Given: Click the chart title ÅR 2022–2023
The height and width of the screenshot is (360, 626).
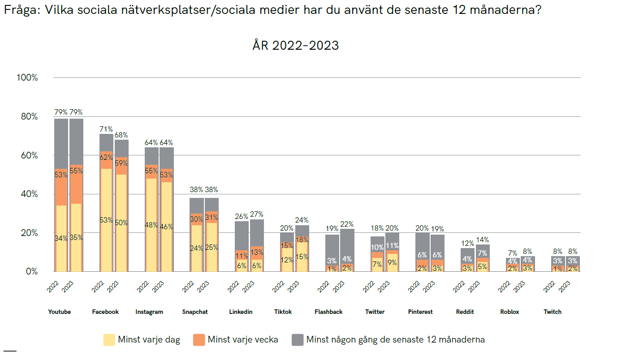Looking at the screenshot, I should click(295, 46).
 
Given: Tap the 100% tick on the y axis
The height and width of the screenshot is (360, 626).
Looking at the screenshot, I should click(27, 78).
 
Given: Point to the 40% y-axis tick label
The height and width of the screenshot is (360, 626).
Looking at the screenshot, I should click(28, 194).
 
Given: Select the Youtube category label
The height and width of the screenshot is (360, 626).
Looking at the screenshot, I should click(59, 312).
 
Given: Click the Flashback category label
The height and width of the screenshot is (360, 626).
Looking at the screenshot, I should click(328, 312).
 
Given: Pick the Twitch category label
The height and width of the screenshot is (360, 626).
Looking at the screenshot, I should click(552, 312).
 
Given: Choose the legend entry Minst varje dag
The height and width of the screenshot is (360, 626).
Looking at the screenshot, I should click(149, 340).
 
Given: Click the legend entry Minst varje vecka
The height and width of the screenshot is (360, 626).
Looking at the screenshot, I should click(242, 340).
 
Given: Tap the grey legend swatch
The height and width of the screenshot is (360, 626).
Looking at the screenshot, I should click(298, 340).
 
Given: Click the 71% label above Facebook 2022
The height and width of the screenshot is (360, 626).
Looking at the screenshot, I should click(106, 129).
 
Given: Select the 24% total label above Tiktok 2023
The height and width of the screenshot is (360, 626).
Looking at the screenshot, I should click(302, 220).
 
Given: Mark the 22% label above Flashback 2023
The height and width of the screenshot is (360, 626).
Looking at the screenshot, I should click(347, 224).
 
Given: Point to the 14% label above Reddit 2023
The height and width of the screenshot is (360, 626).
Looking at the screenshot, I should click(482, 240).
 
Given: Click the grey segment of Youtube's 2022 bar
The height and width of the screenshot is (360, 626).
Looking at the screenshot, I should click(61, 143).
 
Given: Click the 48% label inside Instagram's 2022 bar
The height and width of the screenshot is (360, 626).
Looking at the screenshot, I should click(151, 225).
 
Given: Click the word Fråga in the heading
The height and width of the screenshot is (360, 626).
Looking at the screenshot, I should click(21, 10).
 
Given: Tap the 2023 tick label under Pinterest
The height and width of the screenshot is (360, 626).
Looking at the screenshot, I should click(429, 286).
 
